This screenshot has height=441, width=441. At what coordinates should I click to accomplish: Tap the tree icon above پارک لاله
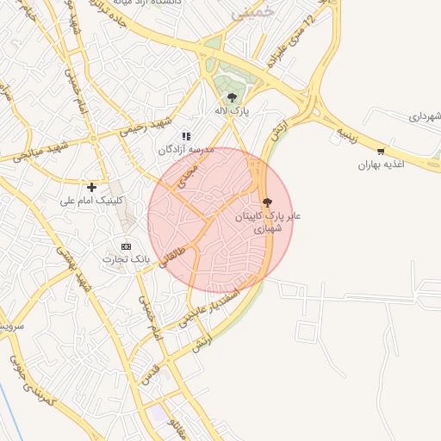tap(232, 98)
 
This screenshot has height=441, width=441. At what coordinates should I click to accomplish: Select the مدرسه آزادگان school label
tap(183, 150)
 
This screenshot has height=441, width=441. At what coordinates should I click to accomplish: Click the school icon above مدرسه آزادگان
tap(185, 135)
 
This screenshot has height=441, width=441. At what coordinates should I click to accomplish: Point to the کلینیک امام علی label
tap(92, 201)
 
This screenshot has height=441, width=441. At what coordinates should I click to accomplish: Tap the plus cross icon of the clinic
tap(91, 186)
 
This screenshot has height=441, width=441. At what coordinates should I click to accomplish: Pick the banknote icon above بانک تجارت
tap(127, 245)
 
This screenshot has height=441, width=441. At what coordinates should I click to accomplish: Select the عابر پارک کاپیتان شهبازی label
tap(270, 222)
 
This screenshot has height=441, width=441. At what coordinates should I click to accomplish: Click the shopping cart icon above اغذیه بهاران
tap(381, 151)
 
